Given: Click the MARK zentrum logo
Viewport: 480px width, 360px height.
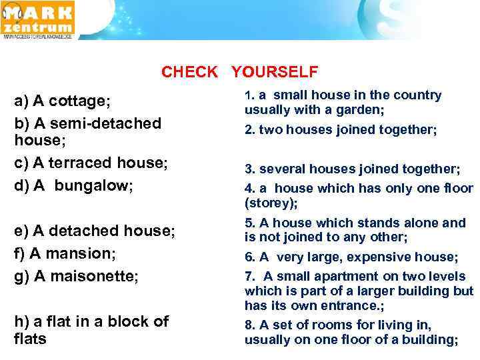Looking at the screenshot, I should [38, 19].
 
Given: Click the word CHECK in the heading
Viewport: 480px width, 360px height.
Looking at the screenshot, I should [189, 72].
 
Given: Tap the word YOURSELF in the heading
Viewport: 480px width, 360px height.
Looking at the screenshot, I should [275, 72].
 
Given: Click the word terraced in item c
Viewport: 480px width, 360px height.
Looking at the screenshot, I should [87, 163].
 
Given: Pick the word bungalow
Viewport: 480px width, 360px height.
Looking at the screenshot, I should [93, 185].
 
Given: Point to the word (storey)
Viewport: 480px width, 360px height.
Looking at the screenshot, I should [270, 203].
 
